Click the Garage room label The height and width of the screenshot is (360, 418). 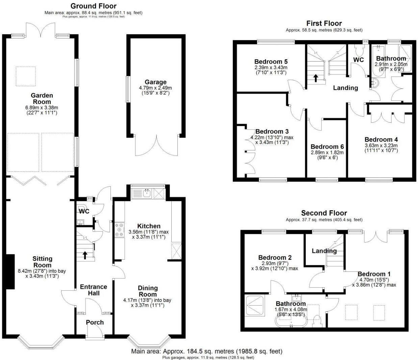point(155,82)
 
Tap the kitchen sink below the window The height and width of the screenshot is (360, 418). point(146,193)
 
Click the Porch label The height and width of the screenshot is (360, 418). point(95,322)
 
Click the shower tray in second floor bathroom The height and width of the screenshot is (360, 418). point(256,306)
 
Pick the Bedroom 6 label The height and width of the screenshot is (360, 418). point(327,147)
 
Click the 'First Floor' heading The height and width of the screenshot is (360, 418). point(324,23)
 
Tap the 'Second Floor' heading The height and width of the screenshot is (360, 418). point(324,213)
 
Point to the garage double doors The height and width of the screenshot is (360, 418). point(156,145)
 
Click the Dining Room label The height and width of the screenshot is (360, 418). point(148,291)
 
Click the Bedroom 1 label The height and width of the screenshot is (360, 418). point(374,274)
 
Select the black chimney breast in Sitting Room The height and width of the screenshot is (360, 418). point(10,271)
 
